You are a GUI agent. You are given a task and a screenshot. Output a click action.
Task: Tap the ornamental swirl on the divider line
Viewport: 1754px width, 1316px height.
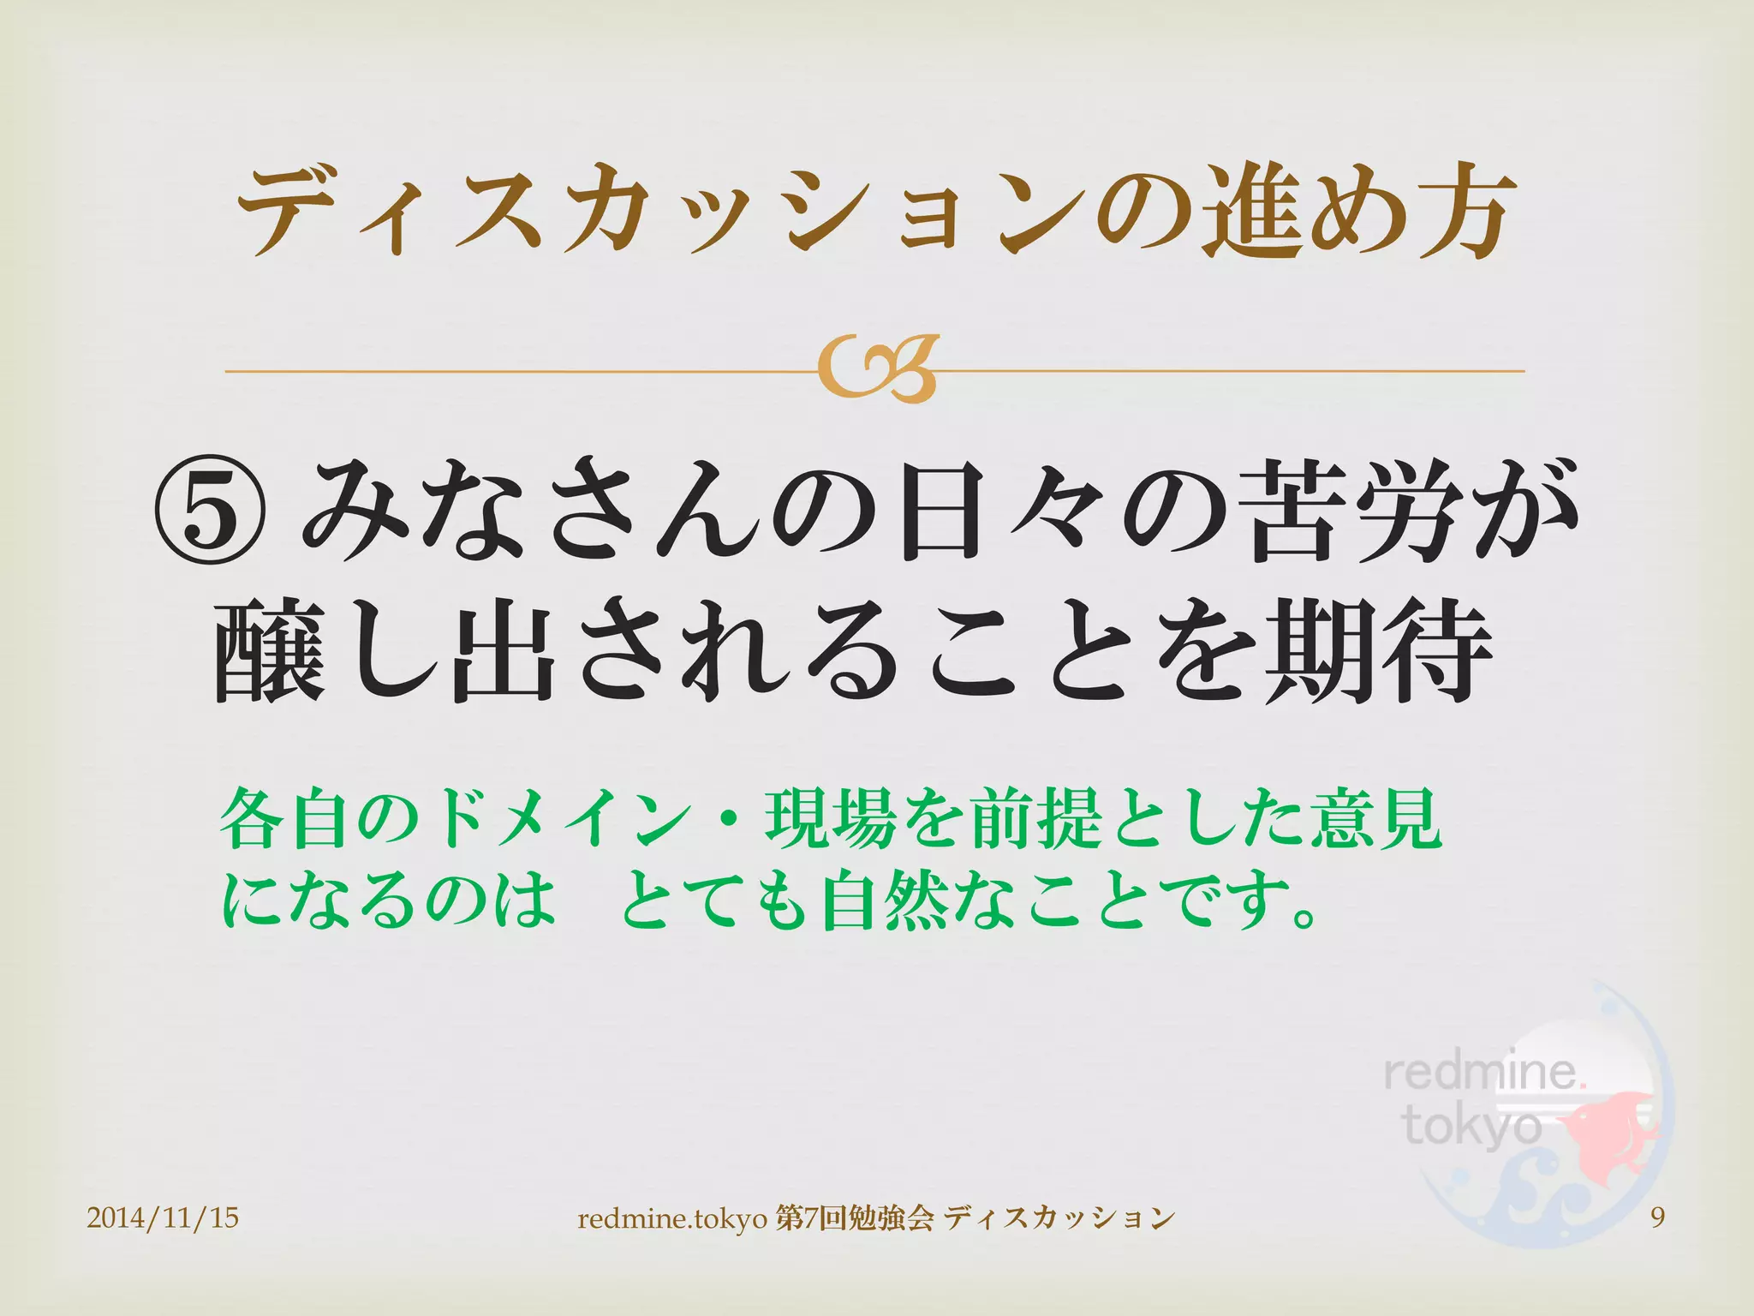point(877,370)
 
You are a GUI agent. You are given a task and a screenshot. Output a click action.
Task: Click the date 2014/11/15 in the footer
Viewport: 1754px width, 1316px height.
point(163,1217)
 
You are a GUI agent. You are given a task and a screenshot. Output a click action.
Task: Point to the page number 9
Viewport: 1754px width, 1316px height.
point(1657,1217)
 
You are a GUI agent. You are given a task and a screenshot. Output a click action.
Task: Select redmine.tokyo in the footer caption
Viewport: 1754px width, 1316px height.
point(672,1217)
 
